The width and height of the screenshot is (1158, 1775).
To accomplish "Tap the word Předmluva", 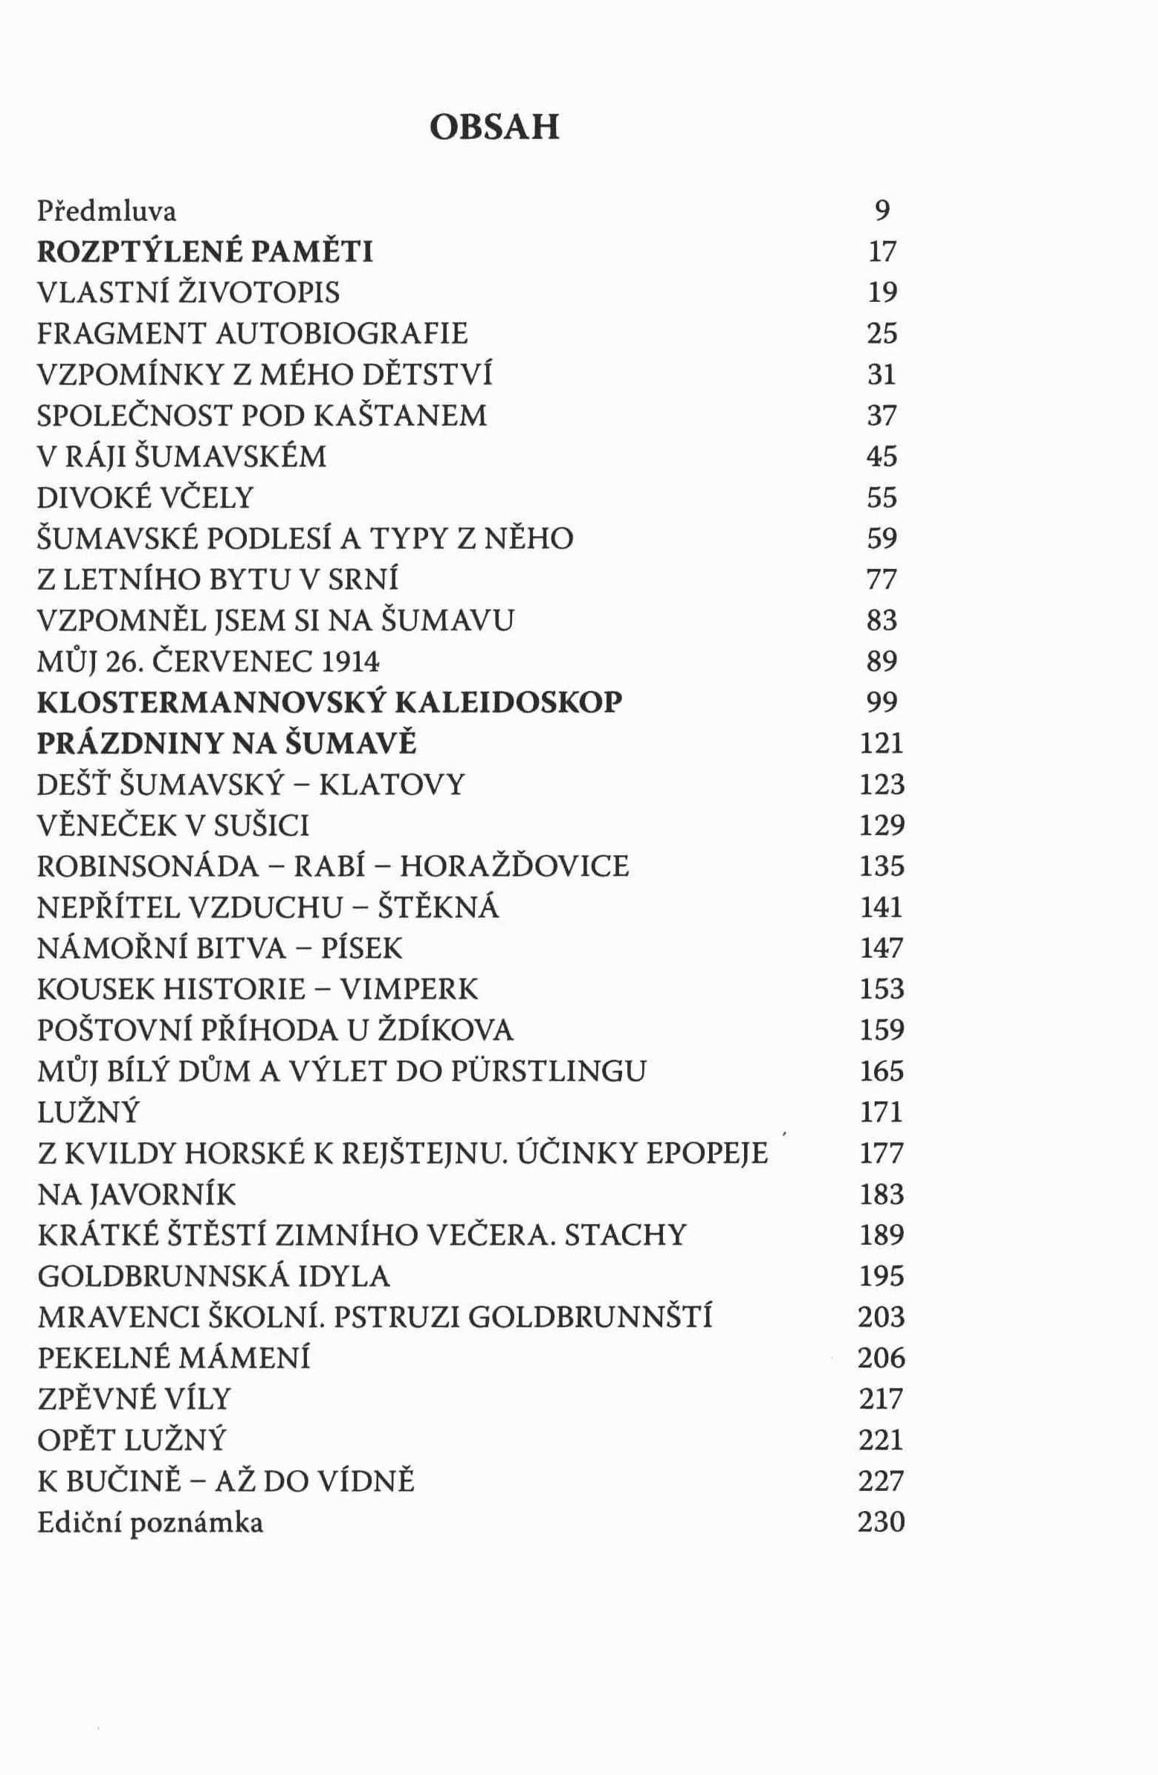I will (107, 212).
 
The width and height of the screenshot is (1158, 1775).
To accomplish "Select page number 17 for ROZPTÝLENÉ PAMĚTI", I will (882, 253).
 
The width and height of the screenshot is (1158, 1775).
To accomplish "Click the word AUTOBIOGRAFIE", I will (341, 333).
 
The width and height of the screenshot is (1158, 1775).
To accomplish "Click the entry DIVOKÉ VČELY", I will (146, 497).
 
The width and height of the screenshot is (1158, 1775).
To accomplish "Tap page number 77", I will (882, 579).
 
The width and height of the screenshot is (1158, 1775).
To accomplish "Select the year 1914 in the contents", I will (342, 662).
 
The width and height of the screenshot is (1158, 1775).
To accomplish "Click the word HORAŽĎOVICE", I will (514, 866).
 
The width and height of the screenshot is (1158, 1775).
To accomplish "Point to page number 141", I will (882, 908).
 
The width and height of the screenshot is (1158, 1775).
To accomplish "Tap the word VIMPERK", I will (410, 990).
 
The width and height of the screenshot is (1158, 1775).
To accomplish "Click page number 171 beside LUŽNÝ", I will (882, 1112).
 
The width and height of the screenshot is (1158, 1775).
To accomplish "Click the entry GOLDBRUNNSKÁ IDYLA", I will (214, 1276).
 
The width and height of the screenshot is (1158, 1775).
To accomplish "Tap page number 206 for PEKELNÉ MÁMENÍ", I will (882, 1358).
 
